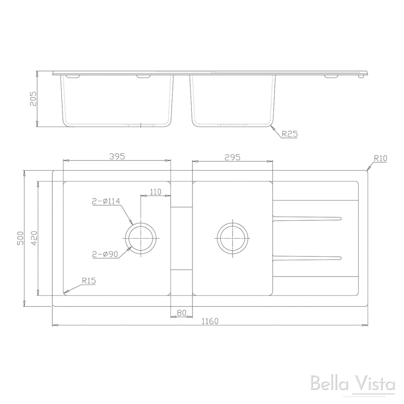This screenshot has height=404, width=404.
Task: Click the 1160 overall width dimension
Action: pyautogui.click(x=209, y=321)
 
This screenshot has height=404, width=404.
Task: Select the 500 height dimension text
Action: pyautogui.click(x=21, y=238)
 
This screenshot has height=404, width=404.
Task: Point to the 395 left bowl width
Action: pyautogui.click(x=117, y=156)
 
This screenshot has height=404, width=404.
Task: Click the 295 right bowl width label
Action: pyautogui.click(x=233, y=157)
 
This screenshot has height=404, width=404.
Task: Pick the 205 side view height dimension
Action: pyautogui.click(x=33, y=99)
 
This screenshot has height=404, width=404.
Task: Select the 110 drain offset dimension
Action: pyautogui.click(x=155, y=192)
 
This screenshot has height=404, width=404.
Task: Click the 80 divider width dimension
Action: pyautogui.click(x=181, y=312)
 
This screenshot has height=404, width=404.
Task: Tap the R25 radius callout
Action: pyautogui.click(x=289, y=134)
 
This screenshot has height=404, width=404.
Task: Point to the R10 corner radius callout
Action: pyautogui.click(x=380, y=158)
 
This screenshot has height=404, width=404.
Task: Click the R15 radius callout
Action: pyautogui.click(x=89, y=281)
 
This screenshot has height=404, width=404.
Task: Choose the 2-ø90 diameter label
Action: pyautogui.click(x=105, y=254)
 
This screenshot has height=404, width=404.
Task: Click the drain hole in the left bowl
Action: pyautogui.click(x=140, y=239)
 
